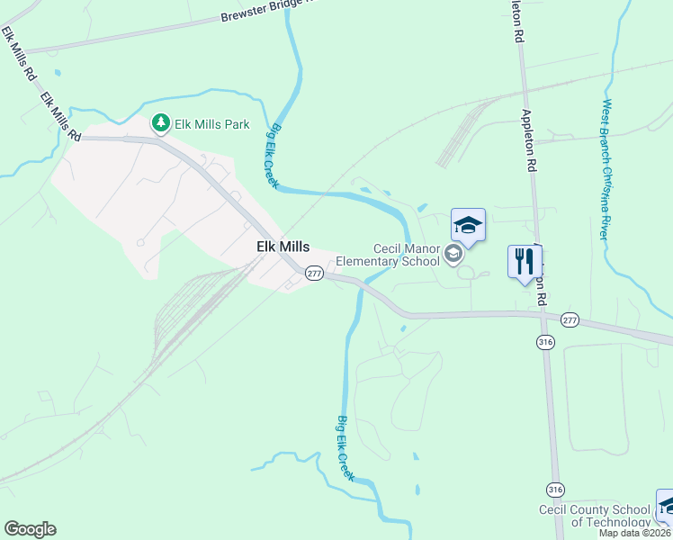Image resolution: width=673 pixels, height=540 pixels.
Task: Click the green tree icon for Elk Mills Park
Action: click(x=160, y=122)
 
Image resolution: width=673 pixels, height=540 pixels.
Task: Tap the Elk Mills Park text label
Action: click(x=212, y=124)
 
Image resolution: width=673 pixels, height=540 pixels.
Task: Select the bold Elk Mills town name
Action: click(x=283, y=247)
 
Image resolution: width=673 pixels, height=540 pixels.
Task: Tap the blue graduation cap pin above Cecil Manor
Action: click(x=468, y=225)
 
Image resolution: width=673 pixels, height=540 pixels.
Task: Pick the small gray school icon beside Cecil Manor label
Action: click(x=453, y=255)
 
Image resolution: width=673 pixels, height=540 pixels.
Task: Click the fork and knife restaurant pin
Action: click(x=525, y=263)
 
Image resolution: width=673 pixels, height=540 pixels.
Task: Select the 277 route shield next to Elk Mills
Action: click(x=313, y=273)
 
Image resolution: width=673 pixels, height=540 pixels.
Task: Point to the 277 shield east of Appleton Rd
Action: click(x=570, y=320)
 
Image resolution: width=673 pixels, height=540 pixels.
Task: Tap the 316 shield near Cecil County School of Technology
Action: click(x=555, y=489)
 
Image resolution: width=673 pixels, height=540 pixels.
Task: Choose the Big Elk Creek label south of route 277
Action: click(x=345, y=447)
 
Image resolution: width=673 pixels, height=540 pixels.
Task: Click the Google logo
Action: click(x=30, y=529)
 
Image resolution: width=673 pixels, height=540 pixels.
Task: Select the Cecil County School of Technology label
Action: click(x=594, y=516)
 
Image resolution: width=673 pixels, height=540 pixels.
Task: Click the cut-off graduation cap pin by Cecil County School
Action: click(x=666, y=505)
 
